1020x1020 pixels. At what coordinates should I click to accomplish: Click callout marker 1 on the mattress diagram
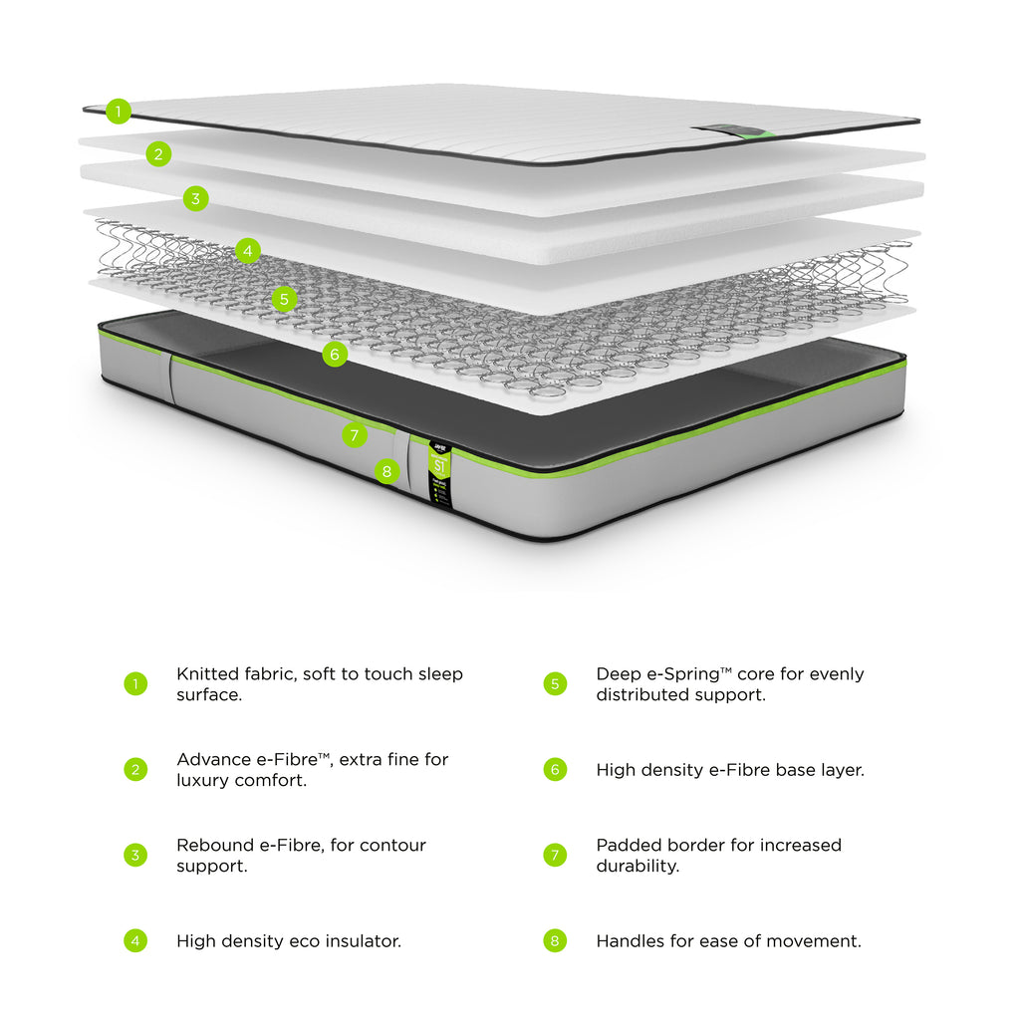pyautogui.click(x=119, y=112)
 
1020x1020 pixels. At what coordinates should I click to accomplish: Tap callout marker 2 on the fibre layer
pyautogui.click(x=157, y=153)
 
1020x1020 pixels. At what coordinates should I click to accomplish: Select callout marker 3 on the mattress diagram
pyautogui.click(x=195, y=198)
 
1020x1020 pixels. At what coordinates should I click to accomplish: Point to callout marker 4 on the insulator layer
pyautogui.click(x=248, y=251)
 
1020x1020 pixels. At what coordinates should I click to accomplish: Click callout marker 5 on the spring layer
pyautogui.click(x=284, y=298)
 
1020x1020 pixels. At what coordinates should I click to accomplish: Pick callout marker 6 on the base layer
pyautogui.click(x=335, y=354)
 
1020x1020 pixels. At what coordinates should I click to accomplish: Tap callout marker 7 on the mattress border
pyautogui.click(x=354, y=435)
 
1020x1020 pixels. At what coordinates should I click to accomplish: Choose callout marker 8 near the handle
pyautogui.click(x=387, y=471)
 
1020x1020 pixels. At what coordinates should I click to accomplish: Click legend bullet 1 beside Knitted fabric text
pyautogui.click(x=135, y=684)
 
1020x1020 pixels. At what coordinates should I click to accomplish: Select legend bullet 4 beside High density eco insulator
pyautogui.click(x=135, y=940)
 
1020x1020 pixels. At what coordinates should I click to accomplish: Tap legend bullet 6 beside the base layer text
pyautogui.click(x=555, y=770)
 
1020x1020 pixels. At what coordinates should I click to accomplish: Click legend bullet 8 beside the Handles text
pyautogui.click(x=555, y=940)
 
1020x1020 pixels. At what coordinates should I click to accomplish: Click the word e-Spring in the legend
pyautogui.click(x=683, y=674)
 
